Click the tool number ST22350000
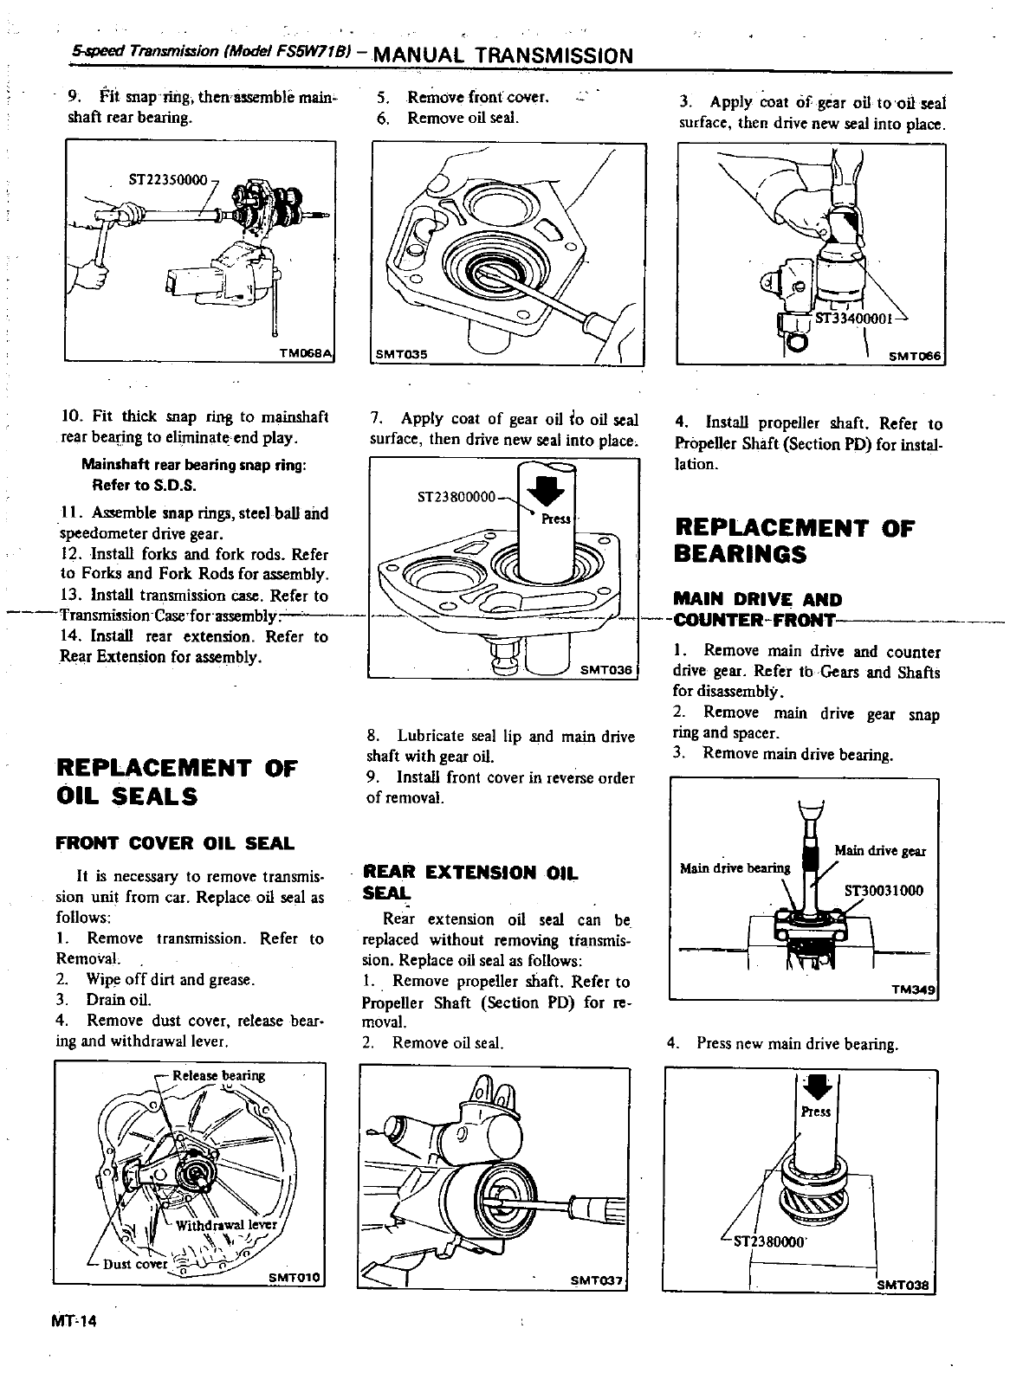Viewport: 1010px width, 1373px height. [x=168, y=181]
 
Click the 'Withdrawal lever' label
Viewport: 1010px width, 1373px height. [x=225, y=1225]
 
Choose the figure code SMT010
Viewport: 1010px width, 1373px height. [x=295, y=1277]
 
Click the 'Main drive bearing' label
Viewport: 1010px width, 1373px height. [x=735, y=868]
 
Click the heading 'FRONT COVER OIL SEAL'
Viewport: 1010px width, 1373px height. [x=175, y=842]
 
